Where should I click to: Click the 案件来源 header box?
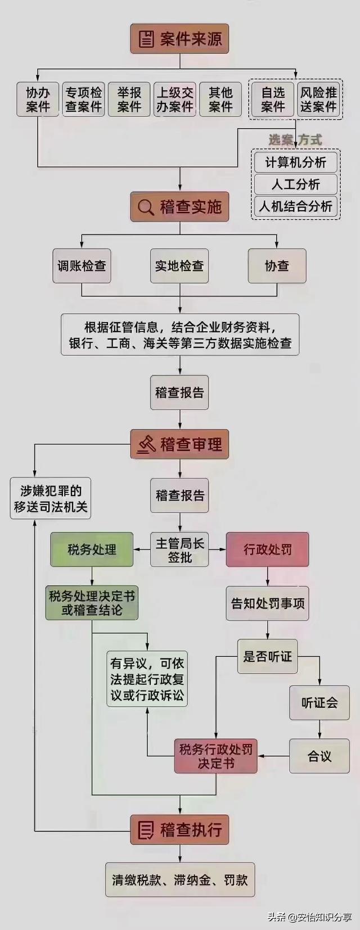(x=179, y=39)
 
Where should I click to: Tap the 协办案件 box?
(x=38, y=99)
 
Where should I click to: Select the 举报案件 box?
(x=129, y=99)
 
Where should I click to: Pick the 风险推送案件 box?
(x=318, y=99)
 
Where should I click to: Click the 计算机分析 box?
(x=296, y=162)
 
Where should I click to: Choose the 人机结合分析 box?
(x=296, y=206)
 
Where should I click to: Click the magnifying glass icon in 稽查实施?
(x=146, y=207)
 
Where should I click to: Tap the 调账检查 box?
(x=82, y=266)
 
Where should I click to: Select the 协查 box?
(x=277, y=266)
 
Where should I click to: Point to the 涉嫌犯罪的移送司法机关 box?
(x=50, y=498)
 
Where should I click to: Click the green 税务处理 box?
(x=92, y=550)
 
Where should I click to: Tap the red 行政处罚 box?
(x=267, y=550)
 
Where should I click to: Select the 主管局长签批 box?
(x=179, y=550)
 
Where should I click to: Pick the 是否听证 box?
(x=267, y=656)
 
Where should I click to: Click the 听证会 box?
(x=319, y=702)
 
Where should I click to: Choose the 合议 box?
(x=319, y=756)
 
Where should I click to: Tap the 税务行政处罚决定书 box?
(x=215, y=756)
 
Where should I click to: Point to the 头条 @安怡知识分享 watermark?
(x=309, y=917)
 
